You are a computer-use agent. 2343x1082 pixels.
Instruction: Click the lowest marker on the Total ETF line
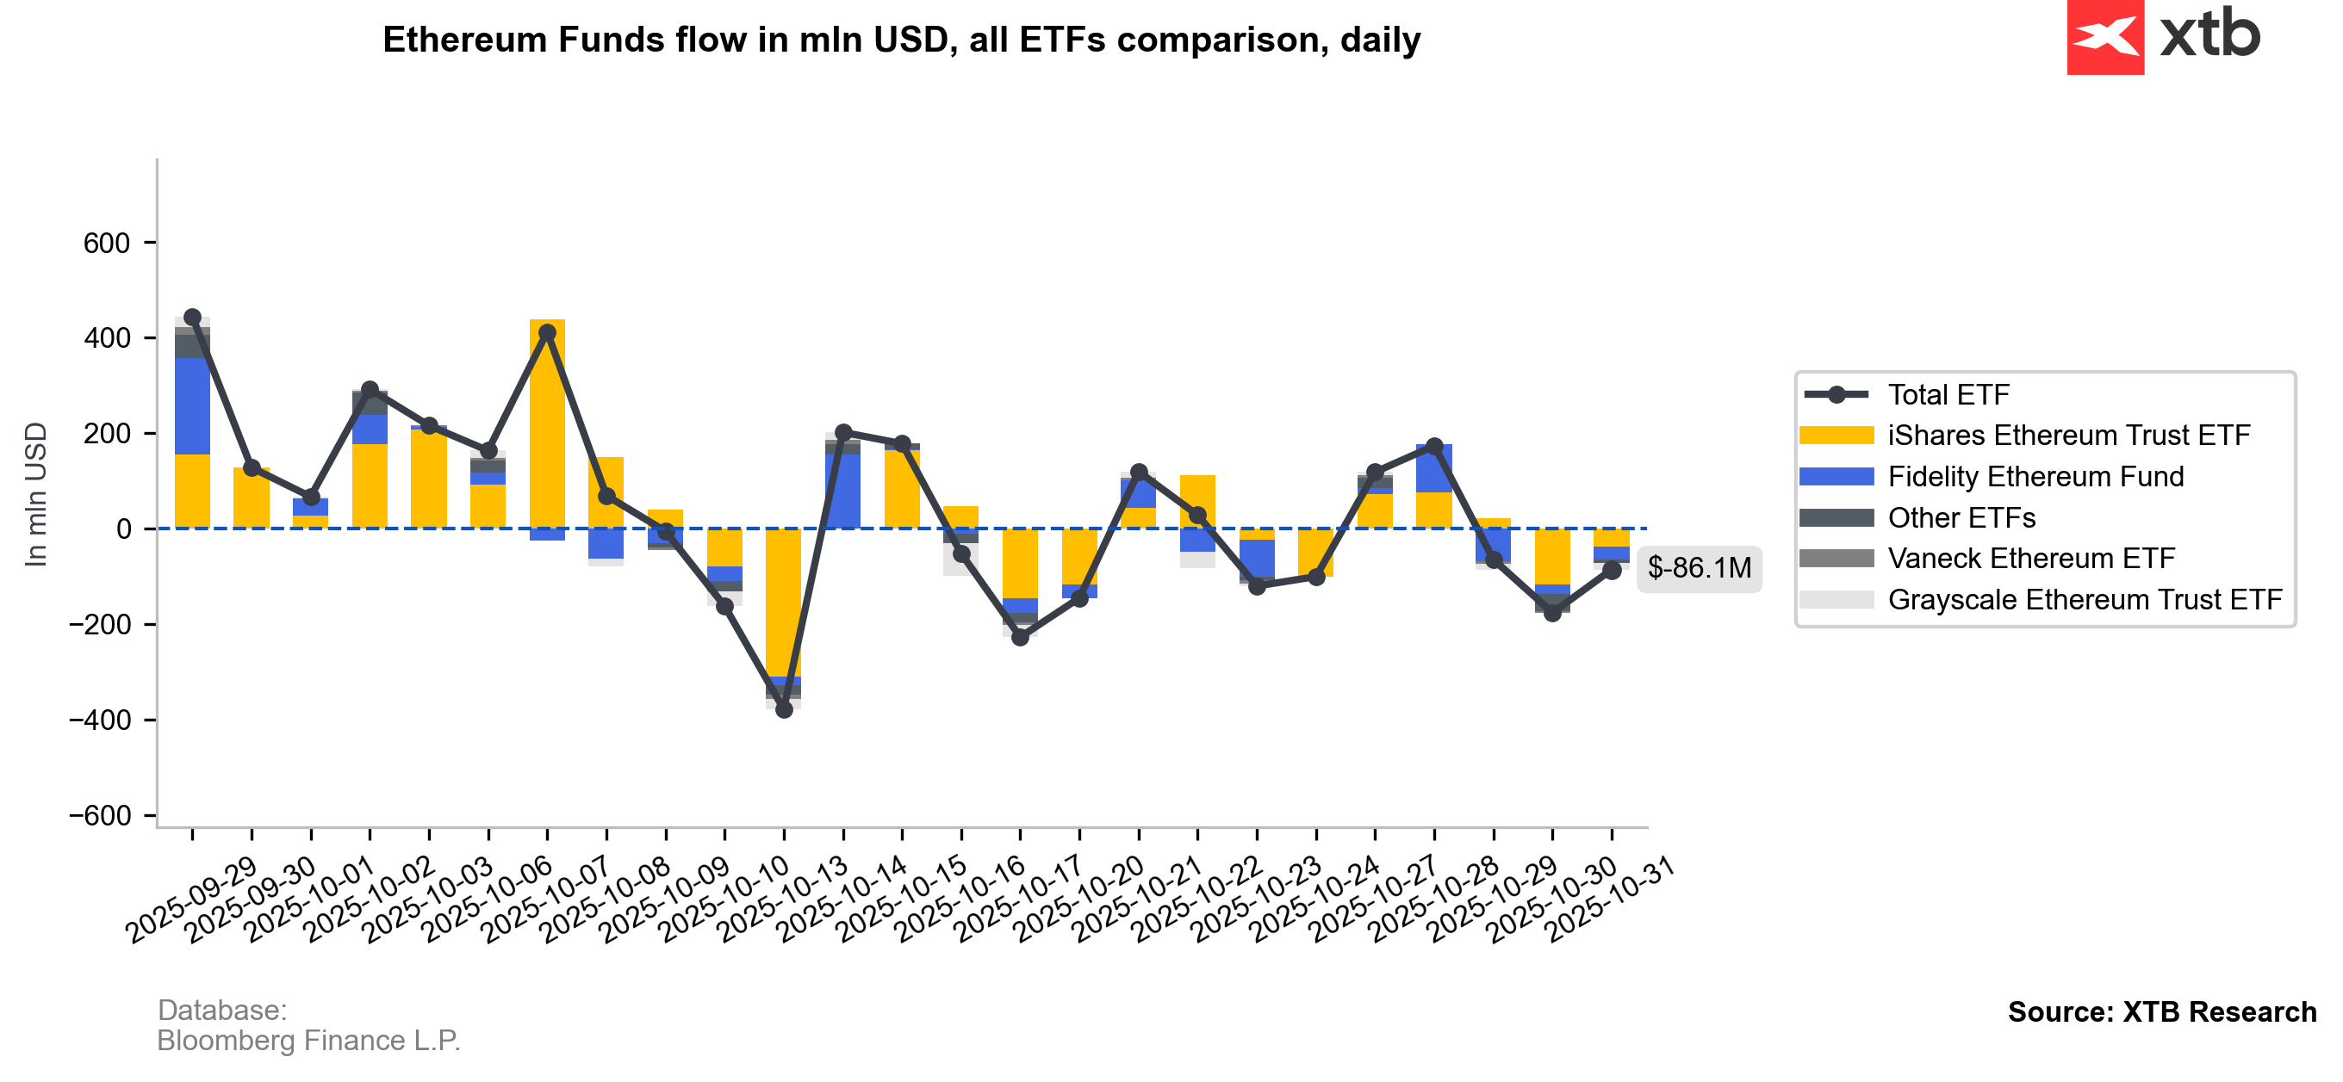click(784, 709)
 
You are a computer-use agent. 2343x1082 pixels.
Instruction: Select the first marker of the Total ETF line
click(192, 318)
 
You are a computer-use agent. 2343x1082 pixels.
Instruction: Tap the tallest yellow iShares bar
click(547, 427)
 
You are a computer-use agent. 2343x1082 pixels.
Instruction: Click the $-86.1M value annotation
click(1699, 568)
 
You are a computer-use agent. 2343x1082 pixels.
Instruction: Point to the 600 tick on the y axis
click(107, 244)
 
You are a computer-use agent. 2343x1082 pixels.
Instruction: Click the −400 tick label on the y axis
click(100, 720)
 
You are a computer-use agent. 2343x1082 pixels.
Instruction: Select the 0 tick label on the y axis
click(124, 529)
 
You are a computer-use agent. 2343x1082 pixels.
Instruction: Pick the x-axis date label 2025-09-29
click(193, 900)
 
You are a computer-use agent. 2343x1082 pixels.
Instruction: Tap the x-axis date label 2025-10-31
click(1611, 900)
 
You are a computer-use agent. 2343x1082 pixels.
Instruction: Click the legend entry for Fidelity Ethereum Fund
click(2035, 477)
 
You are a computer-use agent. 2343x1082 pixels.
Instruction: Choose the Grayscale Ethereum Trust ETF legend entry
click(2085, 600)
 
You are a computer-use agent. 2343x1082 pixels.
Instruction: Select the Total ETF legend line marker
click(1836, 394)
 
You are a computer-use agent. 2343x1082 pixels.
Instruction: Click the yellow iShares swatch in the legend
click(1836, 436)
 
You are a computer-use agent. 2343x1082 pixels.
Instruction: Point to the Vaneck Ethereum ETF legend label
click(2031, 559)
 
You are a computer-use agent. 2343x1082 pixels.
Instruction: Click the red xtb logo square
click(2104, 37)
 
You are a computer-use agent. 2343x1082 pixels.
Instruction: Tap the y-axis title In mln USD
click(35, 495)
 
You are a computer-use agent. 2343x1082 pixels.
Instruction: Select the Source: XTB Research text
click(2162, 1012)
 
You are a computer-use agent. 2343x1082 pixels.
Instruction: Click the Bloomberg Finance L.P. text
click(308, 1040)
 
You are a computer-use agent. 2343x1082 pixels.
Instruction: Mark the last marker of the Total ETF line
click(1612, 570)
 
